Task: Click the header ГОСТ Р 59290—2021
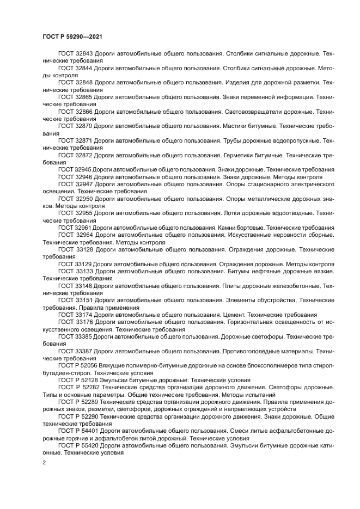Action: coord(72,36)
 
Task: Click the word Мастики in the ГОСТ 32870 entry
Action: coord(235,126)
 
